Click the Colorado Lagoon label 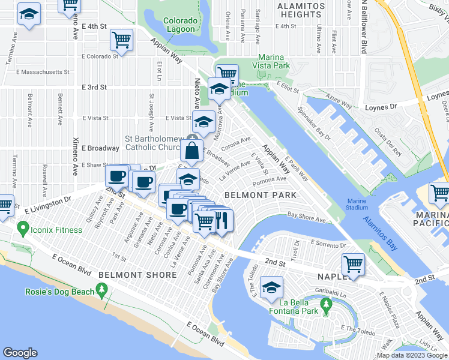179,25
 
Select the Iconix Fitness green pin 23,228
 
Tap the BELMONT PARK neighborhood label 260,195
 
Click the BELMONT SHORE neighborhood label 137,275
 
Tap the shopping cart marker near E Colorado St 121,40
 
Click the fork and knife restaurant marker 223,220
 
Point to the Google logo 20,353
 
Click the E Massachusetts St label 37,72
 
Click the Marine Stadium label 357,204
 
